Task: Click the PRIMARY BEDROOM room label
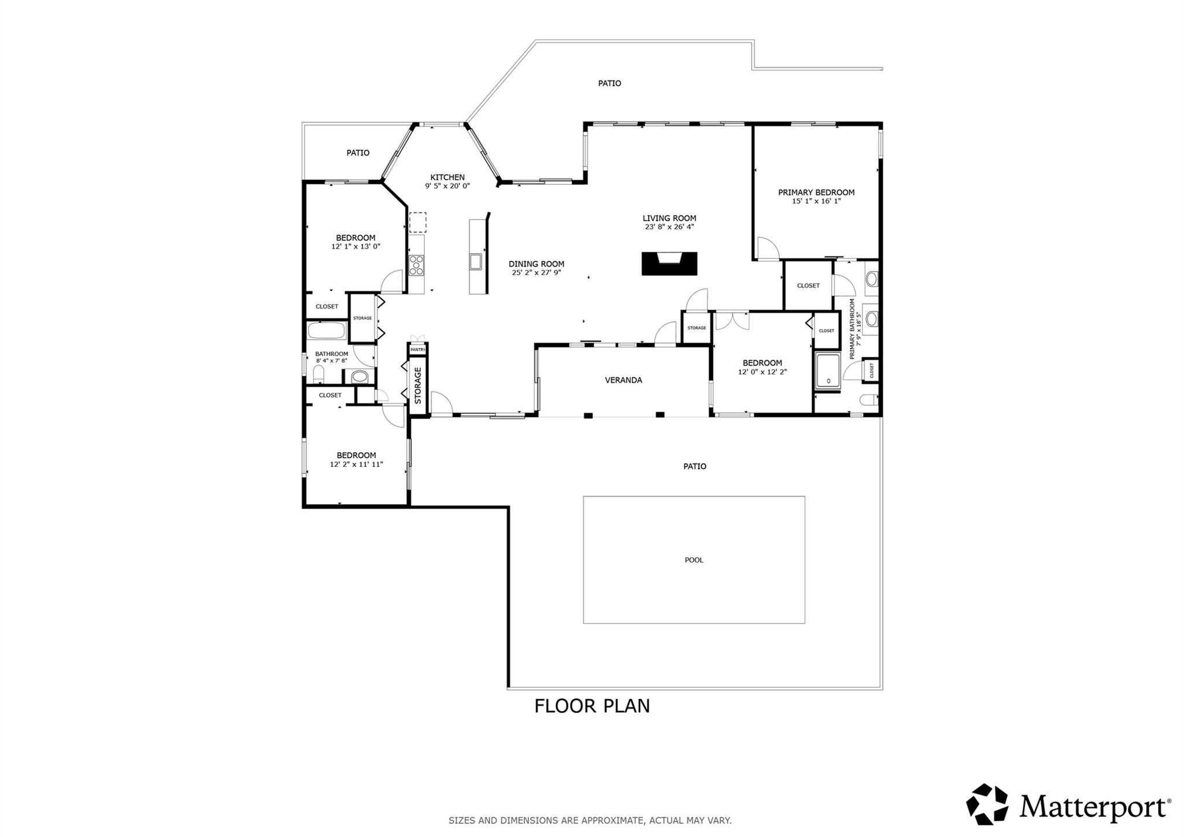click(816, 192)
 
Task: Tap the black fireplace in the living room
click(669, 264)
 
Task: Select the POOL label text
click(694, 560)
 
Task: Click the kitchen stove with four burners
click(416, 265)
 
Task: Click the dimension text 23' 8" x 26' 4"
click(669, 227)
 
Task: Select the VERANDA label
click(623, 380)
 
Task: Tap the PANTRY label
click(417, 350)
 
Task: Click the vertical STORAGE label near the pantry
click(418, 386)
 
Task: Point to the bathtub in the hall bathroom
click(326, 331)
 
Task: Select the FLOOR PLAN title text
click(591, 706)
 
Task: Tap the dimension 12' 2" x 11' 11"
click(356, 464)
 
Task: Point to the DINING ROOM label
click(536, 264)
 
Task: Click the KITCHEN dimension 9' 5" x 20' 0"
click(447, 186)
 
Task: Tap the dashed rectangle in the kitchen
click(417, 223)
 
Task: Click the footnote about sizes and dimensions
click(590, 820)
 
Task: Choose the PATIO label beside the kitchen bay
click(358, 153)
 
